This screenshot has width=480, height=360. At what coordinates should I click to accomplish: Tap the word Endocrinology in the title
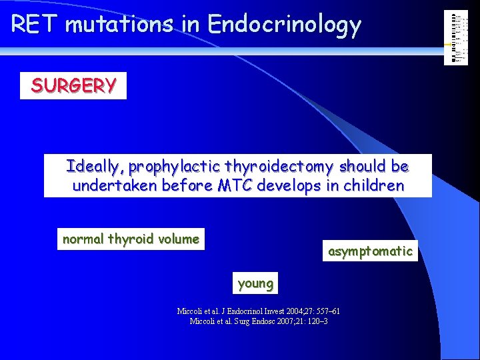pos(284,25)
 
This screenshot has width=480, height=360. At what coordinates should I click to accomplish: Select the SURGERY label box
pos(73,85)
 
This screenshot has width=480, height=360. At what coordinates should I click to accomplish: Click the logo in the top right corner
pos(456,38)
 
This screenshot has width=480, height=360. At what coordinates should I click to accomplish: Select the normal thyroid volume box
pos(131,239)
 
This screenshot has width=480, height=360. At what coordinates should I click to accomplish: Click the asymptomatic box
pos(370,251)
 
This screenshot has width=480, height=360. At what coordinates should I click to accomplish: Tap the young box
pos(255,283)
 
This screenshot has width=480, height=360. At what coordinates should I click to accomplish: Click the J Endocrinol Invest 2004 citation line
pos(258,311)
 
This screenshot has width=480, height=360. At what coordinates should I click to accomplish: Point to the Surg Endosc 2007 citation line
pos(258,321)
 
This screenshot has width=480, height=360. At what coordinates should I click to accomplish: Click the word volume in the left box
pos(178,239)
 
